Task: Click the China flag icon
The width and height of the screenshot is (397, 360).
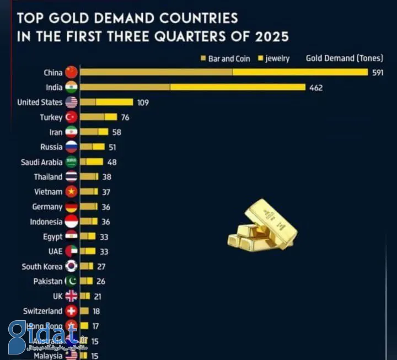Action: pos(72,72)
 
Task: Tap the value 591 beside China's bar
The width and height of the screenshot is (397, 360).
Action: pos(378,72)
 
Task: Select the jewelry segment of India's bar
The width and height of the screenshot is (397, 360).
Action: pos(238,87)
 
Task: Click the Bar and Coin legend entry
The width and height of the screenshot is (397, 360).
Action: pos(226,58)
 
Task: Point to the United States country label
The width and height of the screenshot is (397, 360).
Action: pos(40,102)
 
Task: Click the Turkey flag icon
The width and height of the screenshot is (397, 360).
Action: pos(72,117)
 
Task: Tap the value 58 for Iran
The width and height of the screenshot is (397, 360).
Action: pos(116,132)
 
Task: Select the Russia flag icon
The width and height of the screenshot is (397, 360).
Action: pos(72,147)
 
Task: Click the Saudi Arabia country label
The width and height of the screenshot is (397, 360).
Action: pos(41,162)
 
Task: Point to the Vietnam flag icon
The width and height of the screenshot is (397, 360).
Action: pos(72,192)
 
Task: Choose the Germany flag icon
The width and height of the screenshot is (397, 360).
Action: pos(72,207)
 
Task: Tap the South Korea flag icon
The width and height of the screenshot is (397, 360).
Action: pos(72,266)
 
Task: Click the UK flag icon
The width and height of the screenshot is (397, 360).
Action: pos(72,296)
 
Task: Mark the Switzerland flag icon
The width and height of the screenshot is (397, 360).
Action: pos(72,311)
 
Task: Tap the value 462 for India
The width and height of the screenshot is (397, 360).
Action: pos(316,87)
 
